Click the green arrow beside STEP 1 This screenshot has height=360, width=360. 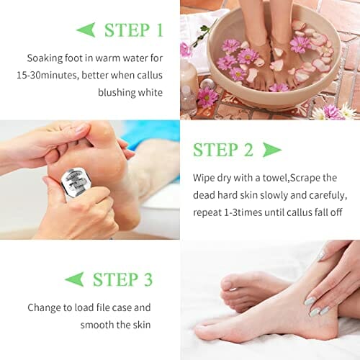[86, 30]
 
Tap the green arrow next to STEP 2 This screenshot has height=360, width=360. [272, 150]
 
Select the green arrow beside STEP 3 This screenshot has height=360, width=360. [74, 279]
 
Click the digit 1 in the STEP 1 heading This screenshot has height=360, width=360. [159, 30]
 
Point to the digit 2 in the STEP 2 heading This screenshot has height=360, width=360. [248, 150]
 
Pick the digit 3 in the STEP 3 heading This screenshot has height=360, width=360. [148, 279]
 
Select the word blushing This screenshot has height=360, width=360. [114, 93]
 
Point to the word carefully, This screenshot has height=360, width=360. [328, 196]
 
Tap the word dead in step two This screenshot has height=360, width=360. [204, 195]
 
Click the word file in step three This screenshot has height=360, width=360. [102, 307]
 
